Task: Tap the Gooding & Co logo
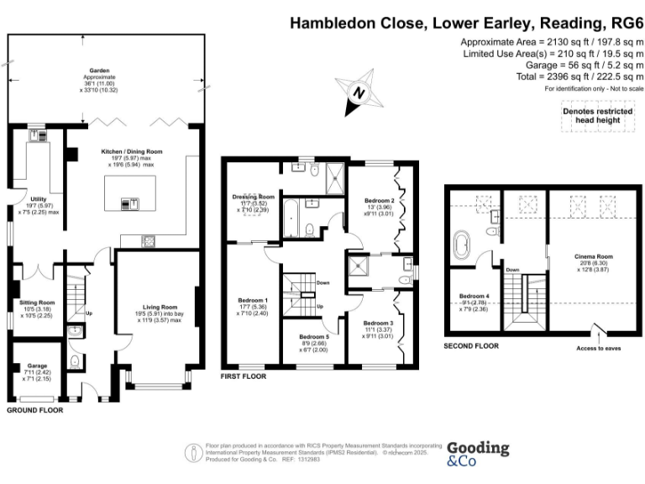click(x=477, y=455)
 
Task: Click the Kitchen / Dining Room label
click(x=132, y=151)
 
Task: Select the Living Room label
click(x=159, y=308)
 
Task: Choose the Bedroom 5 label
click(x=314, y=336)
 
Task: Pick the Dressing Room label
click(x=254, y=197)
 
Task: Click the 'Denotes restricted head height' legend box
click(x=596, y=116)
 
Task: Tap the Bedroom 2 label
click(x=380, y=202)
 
